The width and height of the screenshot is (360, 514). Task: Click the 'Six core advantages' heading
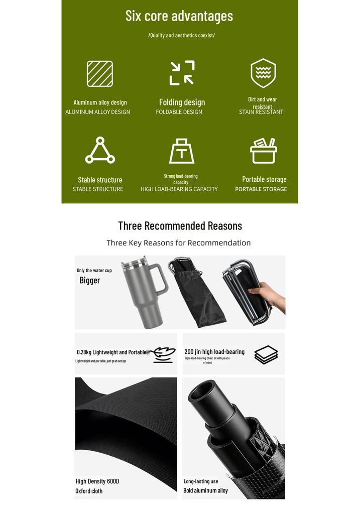click(179, 16)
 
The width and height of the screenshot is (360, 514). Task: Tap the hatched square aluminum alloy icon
click(100, 74)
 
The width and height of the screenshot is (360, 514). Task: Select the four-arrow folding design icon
click(182, 73)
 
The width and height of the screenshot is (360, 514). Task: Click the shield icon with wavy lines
click(263, 73)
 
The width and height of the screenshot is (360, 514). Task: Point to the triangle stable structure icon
click(100, 150)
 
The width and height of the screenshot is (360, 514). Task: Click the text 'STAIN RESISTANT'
click(261, 112)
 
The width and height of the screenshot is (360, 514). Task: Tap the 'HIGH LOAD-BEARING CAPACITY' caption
click(179, 189)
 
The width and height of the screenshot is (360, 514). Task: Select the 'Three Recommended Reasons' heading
click(180, 226)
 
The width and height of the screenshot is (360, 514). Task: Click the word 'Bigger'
click(89, 280)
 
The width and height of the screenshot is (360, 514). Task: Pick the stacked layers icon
click(266, 354)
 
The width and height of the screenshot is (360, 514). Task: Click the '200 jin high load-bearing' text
click(214, 352)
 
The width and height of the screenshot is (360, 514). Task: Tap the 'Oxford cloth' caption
click(89, 491)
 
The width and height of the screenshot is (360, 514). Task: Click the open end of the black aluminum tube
click(202, 390)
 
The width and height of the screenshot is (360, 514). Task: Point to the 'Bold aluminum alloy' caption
click(205, 491)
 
